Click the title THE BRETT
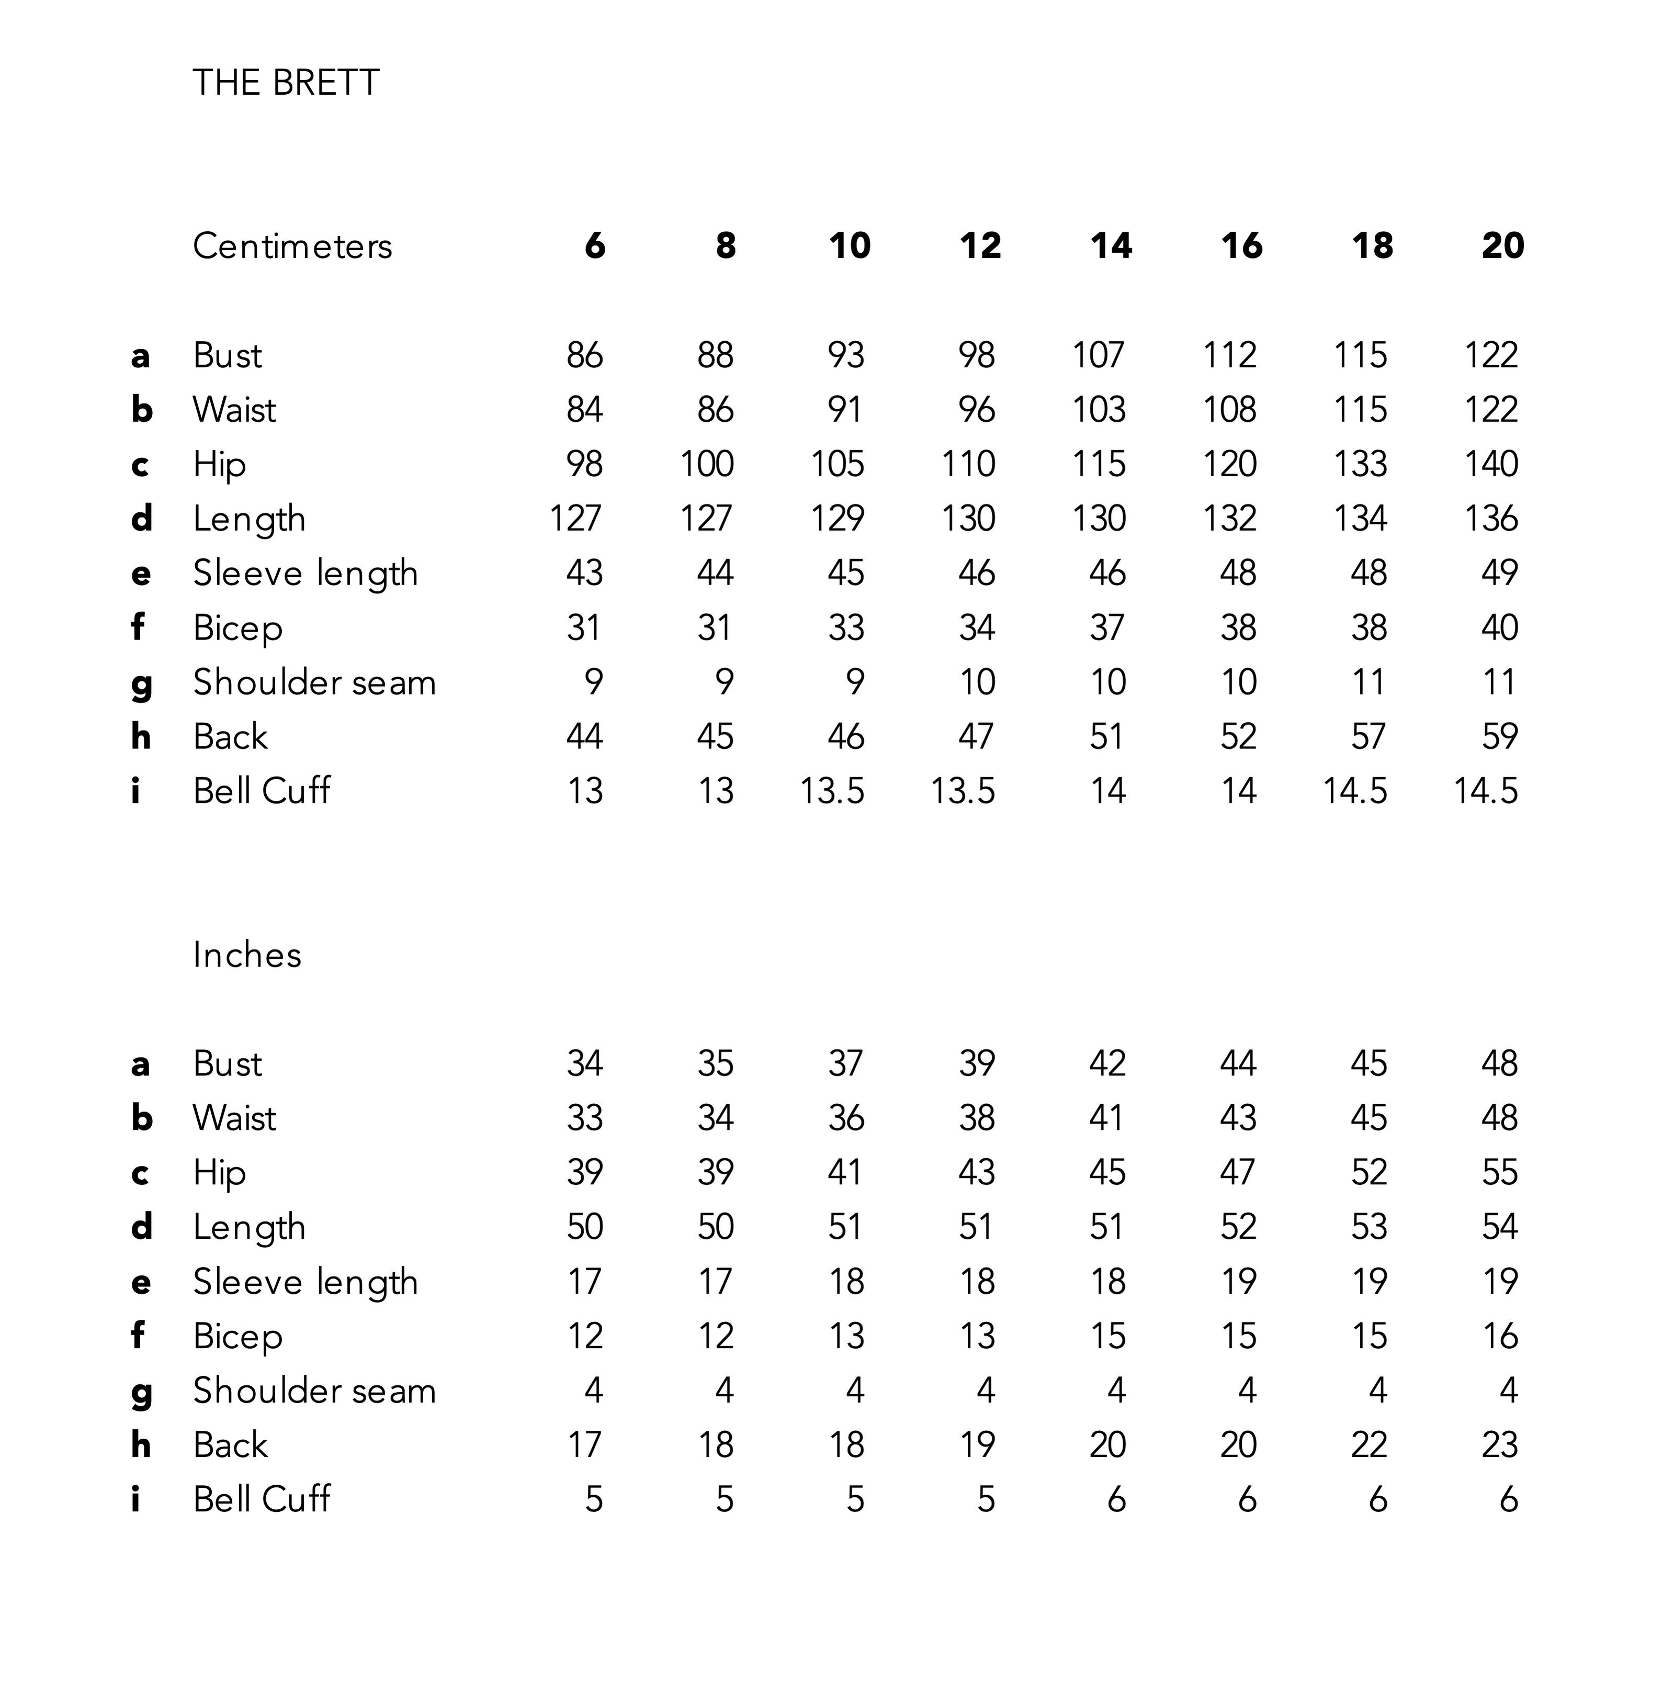click(286, 83)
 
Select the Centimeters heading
click(292, 246)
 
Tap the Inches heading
click(247, 955)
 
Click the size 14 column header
click(1111, 246)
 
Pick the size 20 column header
click(1502, 246)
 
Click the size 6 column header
click(595, 246)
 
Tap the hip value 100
click(706, 464)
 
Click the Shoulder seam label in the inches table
click(313, 1391)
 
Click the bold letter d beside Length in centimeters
click(141, 518)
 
